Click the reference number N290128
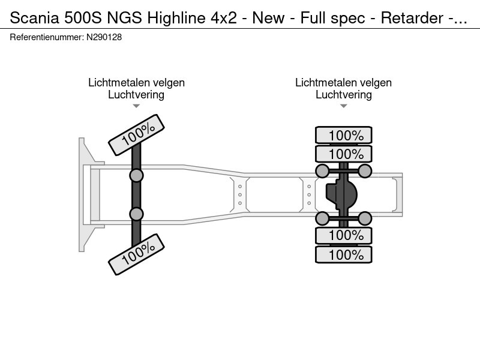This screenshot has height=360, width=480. pos(106,37)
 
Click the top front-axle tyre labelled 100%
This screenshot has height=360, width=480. pos(137,133)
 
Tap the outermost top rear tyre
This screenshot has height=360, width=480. pos(344,136)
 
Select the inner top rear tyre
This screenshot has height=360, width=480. pos(344,154)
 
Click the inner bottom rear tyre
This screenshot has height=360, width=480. pos(344,235)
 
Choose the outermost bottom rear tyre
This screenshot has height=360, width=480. pos(344,254)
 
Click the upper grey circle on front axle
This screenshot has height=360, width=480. pos(137,175)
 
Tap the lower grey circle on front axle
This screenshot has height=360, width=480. pos(137,214)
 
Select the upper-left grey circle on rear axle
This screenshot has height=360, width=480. pos(322,172)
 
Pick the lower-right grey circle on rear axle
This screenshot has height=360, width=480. pos(365,217)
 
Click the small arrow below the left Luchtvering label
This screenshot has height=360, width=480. pos(136,106)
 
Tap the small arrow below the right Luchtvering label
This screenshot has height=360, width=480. pos(343,106)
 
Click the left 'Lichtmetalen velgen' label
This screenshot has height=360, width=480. pos(136,83)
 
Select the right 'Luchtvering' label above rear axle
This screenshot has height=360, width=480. pos(343,95)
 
